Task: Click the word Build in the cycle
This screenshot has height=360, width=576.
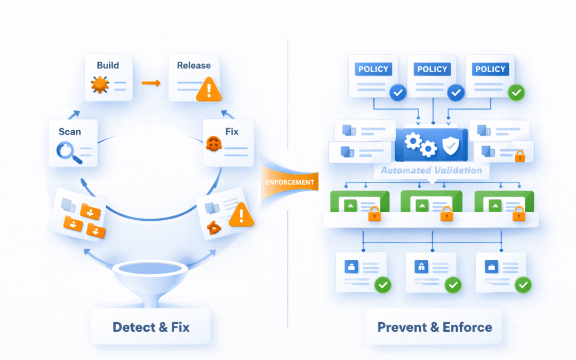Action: pyautogui.click(x=108, y=66)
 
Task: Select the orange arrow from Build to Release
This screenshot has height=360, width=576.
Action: pyautogui.click(x=151, y=83)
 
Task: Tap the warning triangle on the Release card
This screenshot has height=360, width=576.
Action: pyautogui.click(x=209, y=90)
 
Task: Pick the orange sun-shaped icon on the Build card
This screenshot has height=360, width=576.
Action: pyautogui.click(x=100, y=84)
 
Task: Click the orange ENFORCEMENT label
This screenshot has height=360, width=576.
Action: pyautogui.click(x=290, y=182)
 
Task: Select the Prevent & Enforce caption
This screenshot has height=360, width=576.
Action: pyautogui.click(x=435, y=326)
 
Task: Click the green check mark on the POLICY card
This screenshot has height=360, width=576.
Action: pyautogui.click(x=516, y=93)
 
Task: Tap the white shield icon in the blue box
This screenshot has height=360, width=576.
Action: pyautogui.click(x=449, y=144)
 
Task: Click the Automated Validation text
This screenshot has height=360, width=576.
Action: pyautogui.click(x=431, y=171)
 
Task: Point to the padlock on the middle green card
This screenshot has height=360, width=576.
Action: pyautogui.click(x=446, y=214)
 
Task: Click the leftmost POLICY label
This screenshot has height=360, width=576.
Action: pyautogui.click(x=373, y=69)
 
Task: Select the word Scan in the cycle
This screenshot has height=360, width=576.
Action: pyautogui.click(x=70, y=131)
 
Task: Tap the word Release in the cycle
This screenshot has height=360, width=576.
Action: pyautogui.click(x=194, y=66)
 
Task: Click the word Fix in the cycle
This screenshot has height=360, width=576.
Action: pyautogui.click(x=231, y=131)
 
